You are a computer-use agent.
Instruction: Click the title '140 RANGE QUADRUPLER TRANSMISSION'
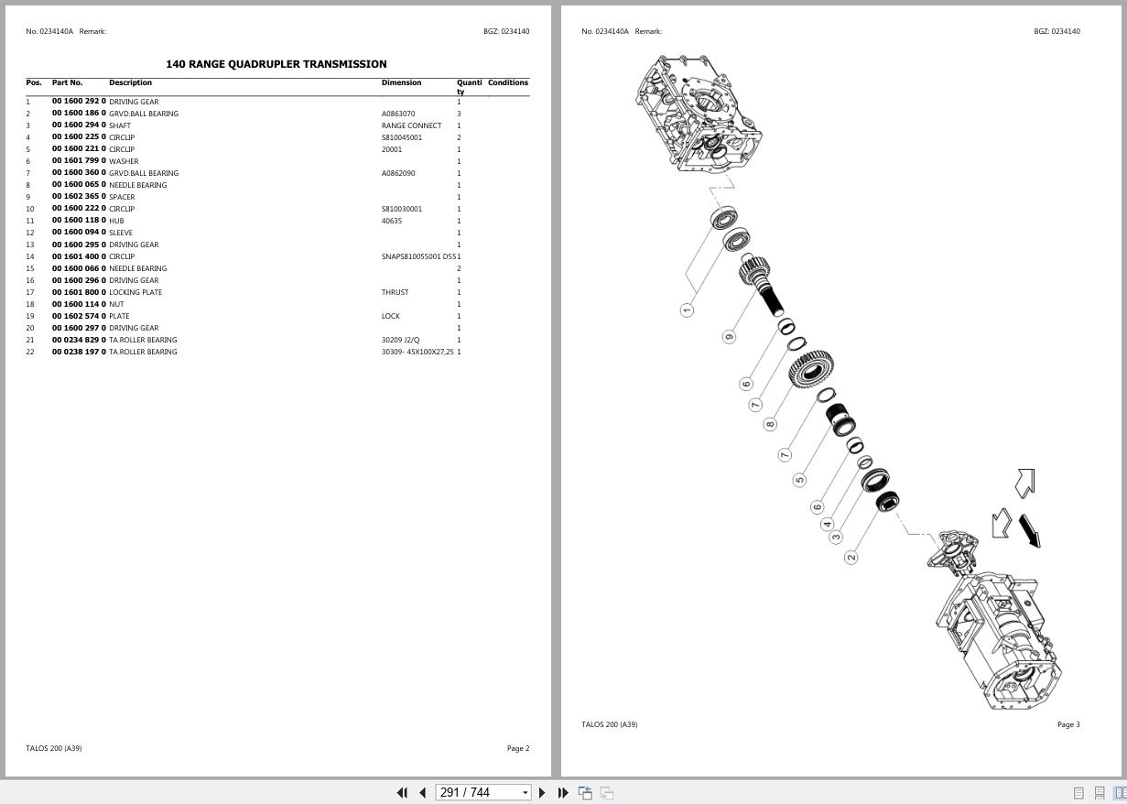[x=276, y=64]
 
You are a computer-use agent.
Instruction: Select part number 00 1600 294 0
[x=79, y=125]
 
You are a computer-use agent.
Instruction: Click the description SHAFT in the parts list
[x=120, y=125]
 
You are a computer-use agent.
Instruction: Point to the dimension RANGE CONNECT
[x=411, y=125]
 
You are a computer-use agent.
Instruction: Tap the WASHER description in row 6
[x=124, y=161]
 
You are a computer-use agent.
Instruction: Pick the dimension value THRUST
[x=395, y=292]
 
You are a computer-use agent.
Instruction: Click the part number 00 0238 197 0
[x=79, y=352]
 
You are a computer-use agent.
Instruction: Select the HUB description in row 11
[x=116, y=221]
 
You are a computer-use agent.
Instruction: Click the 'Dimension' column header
[x=401, y=82]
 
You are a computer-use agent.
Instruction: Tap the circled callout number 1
[x=687, y=310]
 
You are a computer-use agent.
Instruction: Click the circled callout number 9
[x=729, y=336]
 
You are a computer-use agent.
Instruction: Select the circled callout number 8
[x=770, y=424]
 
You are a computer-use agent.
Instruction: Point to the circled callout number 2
[x=851, y=557]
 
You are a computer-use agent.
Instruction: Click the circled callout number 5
[x=799, y=480]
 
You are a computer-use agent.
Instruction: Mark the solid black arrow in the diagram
[x=1030, y=530]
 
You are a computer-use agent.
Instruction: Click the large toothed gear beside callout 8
[x=810, y=370]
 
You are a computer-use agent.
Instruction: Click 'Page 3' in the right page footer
[x=1068, y=724]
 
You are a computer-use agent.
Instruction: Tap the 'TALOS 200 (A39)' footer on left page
[x=54, y=748]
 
